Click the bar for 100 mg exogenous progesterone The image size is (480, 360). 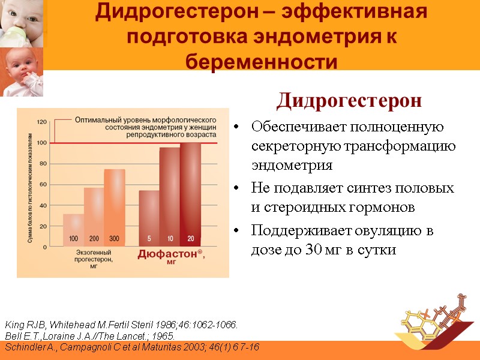pos(73,230)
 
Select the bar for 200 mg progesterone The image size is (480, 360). pos(94,217)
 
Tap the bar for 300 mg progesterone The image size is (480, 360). pos(114,207)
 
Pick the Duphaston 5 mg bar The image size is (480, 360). pos(149,218)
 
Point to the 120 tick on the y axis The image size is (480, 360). pos(42,122)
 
